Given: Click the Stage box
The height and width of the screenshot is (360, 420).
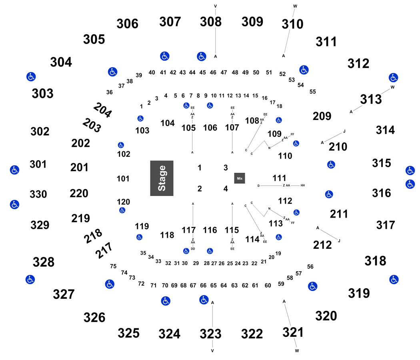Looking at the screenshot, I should coord(162,178).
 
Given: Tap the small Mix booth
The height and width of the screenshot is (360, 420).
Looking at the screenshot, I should coord(239,178).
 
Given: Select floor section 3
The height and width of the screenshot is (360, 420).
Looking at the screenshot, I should coord(226,168).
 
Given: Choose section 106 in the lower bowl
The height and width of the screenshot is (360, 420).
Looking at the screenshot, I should coord(210,128).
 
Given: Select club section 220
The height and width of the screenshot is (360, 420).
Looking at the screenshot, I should coord(79,194).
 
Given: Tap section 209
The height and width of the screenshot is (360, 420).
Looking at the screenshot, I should coord(322,116).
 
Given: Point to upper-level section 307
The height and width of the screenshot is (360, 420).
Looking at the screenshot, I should coord(170,22).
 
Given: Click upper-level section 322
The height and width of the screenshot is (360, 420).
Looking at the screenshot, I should coord(252,333).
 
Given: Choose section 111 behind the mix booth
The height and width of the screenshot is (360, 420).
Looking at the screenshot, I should coord(279,178).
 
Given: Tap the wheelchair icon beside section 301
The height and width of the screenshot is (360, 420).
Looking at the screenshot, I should coord(14,170).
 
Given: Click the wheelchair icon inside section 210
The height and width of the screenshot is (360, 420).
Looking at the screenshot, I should coord(330,164).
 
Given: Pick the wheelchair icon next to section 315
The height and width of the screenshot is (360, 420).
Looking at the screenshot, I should coord(409,170).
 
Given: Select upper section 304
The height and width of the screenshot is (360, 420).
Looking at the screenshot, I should coord(61,62).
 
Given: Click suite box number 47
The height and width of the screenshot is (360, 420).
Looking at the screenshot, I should coord(224,73).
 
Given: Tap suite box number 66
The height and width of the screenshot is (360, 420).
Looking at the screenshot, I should coord(203,285).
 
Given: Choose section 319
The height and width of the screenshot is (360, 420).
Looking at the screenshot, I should coord(359,293).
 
